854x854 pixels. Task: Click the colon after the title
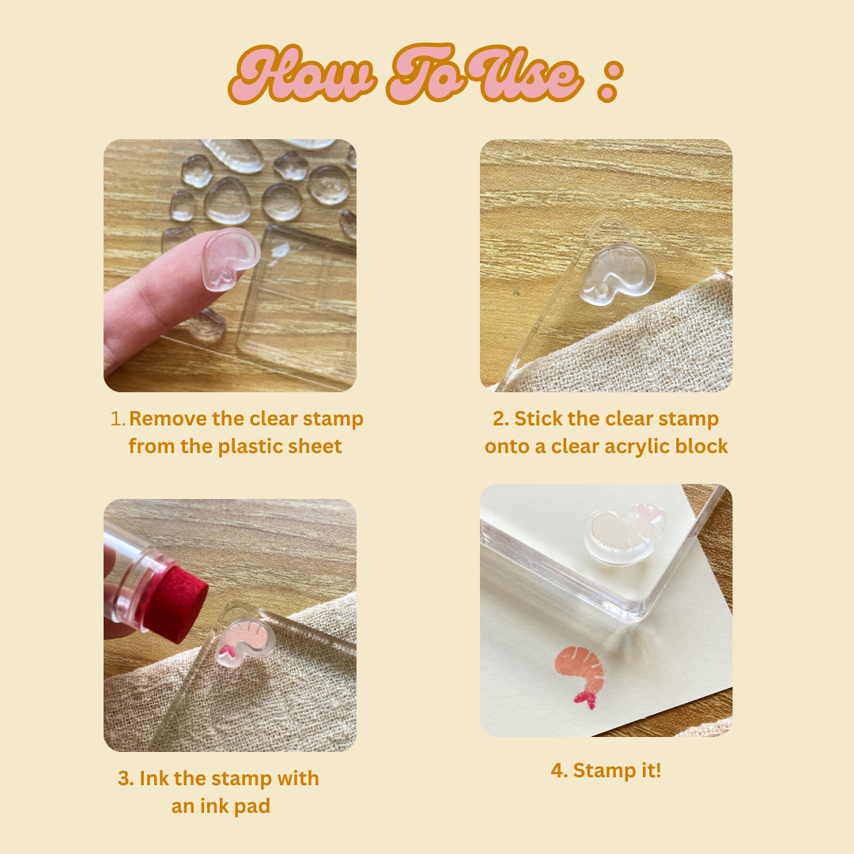pyautogui.click(x=610, y=81)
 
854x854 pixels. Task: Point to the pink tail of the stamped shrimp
pyautogui.click(x=584, y=699)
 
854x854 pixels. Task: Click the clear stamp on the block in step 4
pyautogui.click(x=624, y=534)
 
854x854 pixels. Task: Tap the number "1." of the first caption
pyautogui.click(x=118, y=419)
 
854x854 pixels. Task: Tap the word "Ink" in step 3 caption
pyautogui.click(x=153, y=778)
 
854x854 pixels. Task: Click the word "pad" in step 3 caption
pyautogui.click(x=253, y=807)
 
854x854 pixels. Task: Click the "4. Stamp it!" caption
pyautogui.click(x=606, y=771)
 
